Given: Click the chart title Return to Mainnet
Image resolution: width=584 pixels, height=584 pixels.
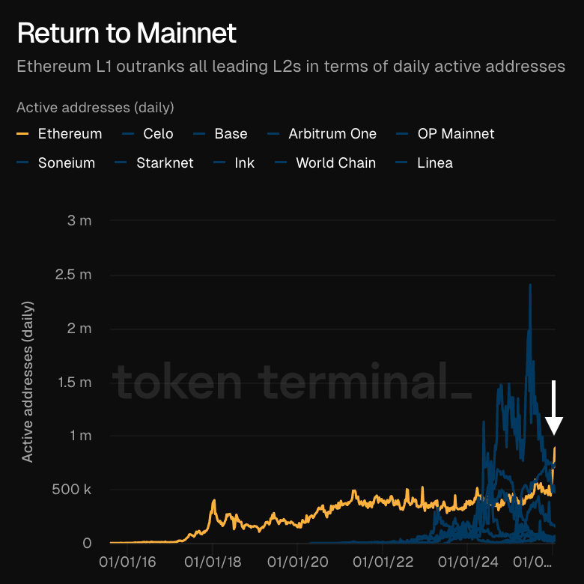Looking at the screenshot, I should click(x=127, y=33).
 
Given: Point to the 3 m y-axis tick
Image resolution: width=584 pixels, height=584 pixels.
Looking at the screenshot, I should click(x=79, y=220).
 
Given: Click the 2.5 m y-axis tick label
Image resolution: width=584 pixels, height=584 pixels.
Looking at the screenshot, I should click(x=73, y=274).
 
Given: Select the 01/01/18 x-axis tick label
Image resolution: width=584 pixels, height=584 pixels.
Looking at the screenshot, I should click(x=212, y=559).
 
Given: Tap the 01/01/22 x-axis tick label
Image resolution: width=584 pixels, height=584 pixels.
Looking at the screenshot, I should click(x=383, y=559).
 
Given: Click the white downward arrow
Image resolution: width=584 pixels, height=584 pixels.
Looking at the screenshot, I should click(x=554, y=408).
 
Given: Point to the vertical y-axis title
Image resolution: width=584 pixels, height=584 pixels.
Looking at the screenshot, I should click(x=28, y=382).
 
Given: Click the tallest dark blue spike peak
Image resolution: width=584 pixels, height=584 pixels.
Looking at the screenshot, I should click(x=530, y=285).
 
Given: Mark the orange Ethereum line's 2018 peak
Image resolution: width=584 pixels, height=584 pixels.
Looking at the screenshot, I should click(x=213, y=500).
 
